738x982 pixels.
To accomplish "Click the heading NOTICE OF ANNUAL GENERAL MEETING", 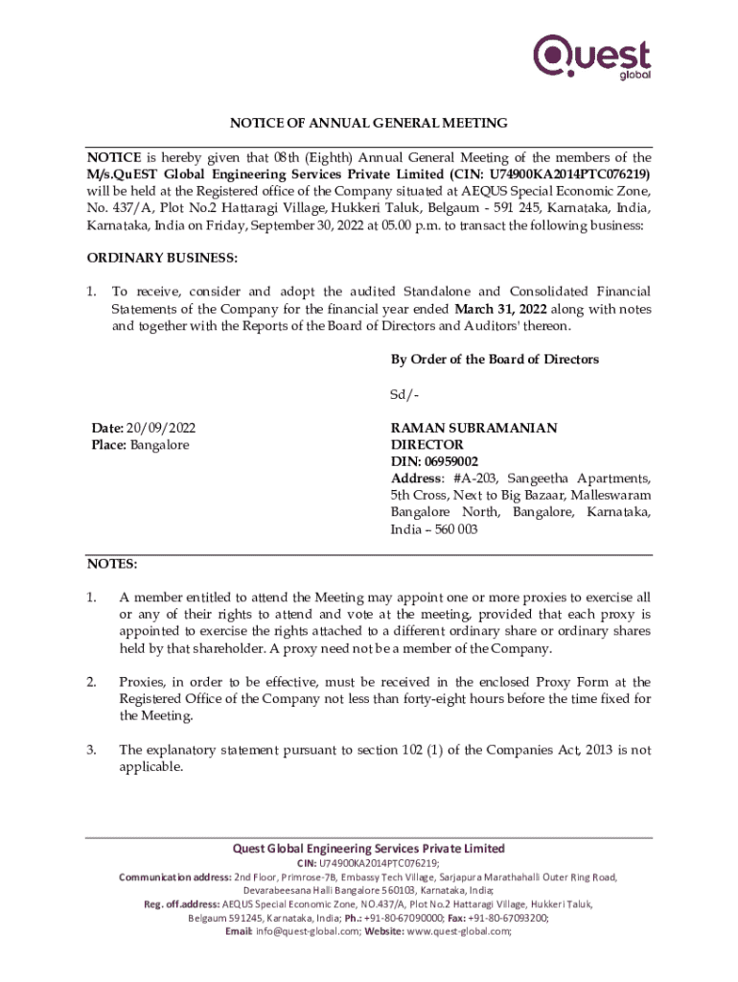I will [368, 124].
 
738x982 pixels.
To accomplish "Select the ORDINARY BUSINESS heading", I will [162, 258].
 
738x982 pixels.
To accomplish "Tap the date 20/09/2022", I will [166, 429].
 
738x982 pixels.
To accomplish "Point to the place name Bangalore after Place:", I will [159, 445].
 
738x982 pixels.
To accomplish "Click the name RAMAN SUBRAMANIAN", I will [473, 429].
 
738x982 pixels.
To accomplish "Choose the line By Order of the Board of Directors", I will [495, 359].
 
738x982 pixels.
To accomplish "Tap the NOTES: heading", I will [112, 564].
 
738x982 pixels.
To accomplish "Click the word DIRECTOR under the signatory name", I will [427, 445].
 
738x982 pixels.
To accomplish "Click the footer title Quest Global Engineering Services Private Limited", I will [369, 849].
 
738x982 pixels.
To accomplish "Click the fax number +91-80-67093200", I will [503, 917].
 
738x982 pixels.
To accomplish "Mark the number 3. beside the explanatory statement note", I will [93, 750].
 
